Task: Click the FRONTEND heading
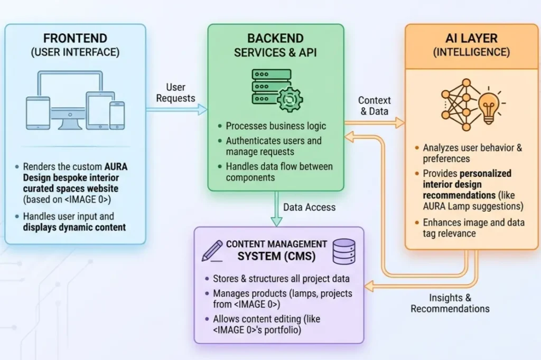pos(75,39)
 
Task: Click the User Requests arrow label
pos(175,92)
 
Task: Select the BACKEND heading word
pos(275,39)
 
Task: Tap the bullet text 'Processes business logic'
pos(276,126)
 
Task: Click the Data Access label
pos(309,207)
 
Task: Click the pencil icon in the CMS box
pos(212,251)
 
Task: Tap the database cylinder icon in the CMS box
pos(343,251)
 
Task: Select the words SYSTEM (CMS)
pos(275,256)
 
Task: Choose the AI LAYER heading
pos(472,39)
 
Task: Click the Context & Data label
pos(374,106)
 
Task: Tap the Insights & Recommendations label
pos(450,304)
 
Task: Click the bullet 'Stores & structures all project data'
pos(281,279)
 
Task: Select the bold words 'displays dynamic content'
pos(74,228)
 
